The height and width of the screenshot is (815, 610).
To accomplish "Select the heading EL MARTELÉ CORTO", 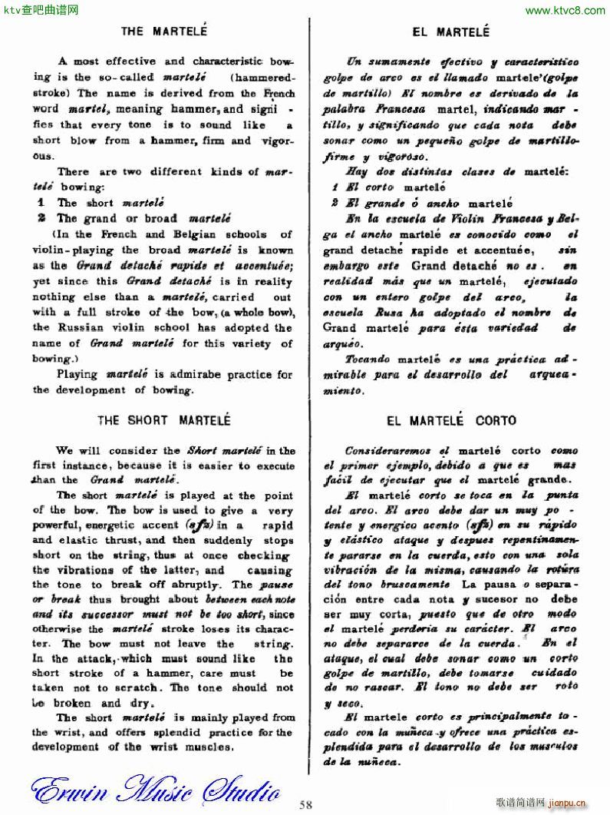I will (x=451, y=421).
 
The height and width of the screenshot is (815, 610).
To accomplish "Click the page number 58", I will (x=306, y=804).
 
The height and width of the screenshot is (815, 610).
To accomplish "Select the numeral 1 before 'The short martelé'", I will (x=42, y=203).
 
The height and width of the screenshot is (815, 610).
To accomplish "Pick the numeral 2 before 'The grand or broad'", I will (x=42, y=218).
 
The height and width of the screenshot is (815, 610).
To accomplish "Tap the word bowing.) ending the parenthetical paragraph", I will (x=54, y=358).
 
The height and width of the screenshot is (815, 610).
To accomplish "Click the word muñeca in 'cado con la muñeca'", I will (x=413, y=733).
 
